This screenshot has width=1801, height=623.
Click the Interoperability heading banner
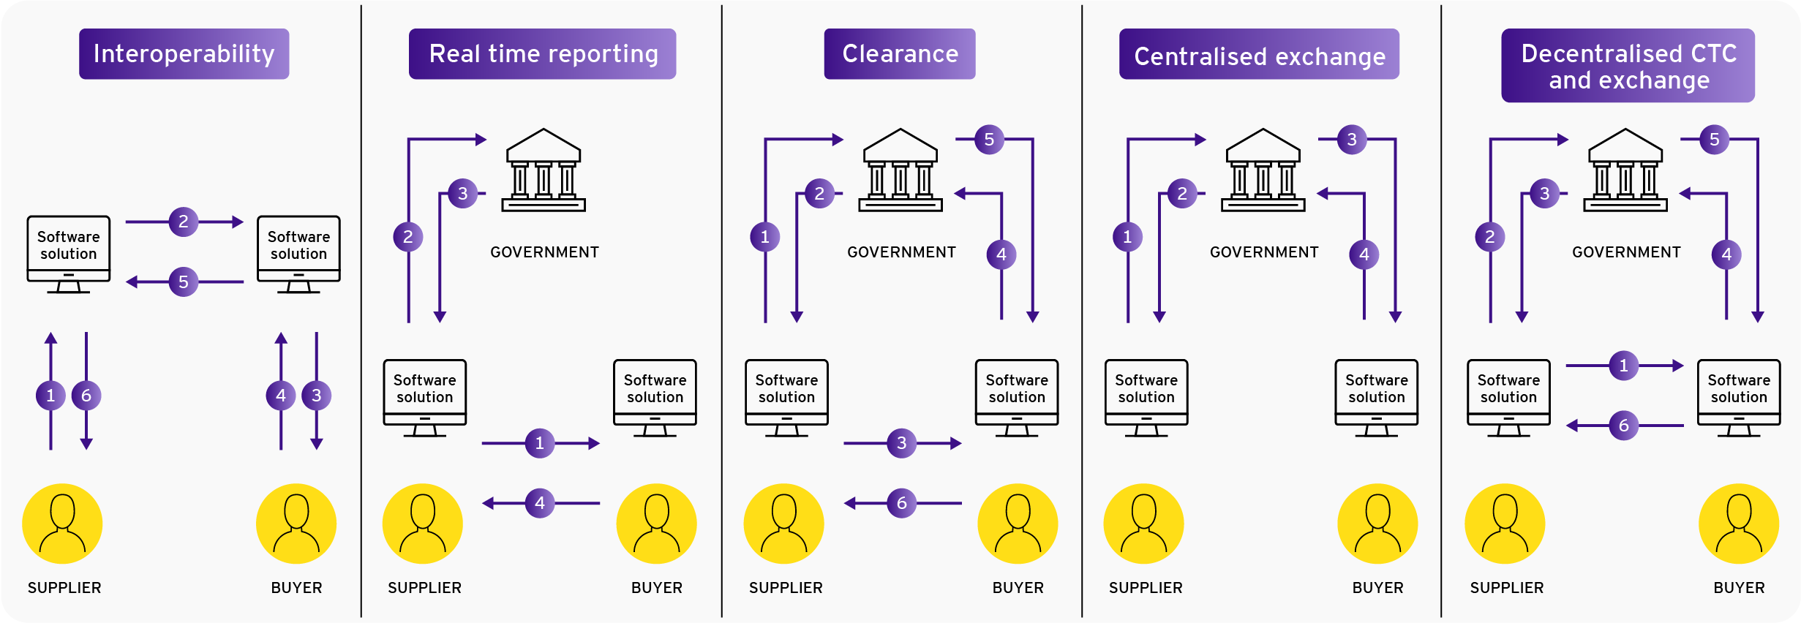[x=184, y=54]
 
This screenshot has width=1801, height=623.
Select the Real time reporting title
[x=542, y=54]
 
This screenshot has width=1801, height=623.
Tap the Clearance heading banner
[x=899, y=54]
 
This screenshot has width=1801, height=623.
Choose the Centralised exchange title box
[x=1258, y=56]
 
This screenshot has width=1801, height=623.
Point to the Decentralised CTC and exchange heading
[x=1628, y=66]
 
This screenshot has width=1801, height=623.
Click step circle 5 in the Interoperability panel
[x=184, y=282]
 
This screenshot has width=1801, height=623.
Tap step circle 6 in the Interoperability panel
[x=86, y=396]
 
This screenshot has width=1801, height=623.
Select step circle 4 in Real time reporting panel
[x=540, y=503]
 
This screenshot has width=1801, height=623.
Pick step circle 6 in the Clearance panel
[x=901, y=503]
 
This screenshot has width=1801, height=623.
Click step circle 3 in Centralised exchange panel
[x=1352, y=139]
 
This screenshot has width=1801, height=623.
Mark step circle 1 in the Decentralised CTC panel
[x=1623, y=366]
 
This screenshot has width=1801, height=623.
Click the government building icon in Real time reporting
[x=544, y=170]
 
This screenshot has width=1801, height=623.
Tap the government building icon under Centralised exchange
[x=1263, y=170]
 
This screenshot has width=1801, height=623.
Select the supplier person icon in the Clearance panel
[x=783, y=524]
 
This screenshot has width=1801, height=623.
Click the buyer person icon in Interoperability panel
[x=296, y=524]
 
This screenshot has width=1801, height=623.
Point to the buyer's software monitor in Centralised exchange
[x=1376, y=398]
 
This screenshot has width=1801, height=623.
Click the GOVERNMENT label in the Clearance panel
[x=901, y=252]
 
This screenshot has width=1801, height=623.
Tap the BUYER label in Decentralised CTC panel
[x=1739, y=588]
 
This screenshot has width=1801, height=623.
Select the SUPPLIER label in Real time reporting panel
[x=424, y=588]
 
